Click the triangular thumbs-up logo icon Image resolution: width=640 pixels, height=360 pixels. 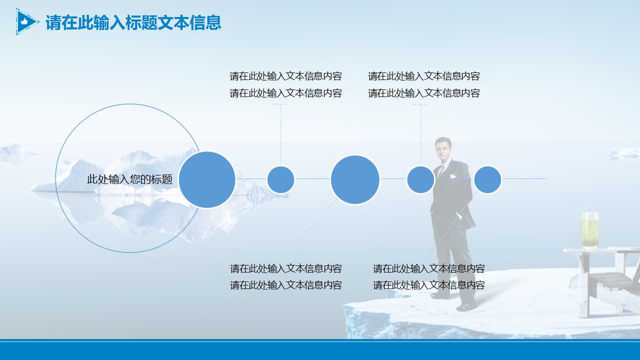coord(26,21)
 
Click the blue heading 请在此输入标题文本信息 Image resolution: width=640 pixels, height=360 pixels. coord(133,22)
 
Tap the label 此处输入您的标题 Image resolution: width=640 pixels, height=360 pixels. coord(129,179)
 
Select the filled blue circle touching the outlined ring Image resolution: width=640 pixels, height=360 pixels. coord(207,179)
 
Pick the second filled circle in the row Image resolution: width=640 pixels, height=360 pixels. coord(280,179)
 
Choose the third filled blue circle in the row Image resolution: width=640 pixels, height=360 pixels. coord(355,179)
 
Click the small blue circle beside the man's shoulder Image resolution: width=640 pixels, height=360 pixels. coord(420,179)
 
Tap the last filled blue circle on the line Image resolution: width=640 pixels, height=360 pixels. coord(487,179)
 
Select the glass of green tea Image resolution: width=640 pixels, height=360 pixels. coord(589,231)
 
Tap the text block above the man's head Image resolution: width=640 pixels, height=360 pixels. coord(424,84)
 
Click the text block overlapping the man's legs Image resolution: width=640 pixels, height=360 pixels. coord(428,276)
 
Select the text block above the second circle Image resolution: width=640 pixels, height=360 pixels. coord(285,84)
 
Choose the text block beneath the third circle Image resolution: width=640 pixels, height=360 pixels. coord(285,276)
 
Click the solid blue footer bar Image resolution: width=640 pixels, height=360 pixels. coord(320,350)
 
